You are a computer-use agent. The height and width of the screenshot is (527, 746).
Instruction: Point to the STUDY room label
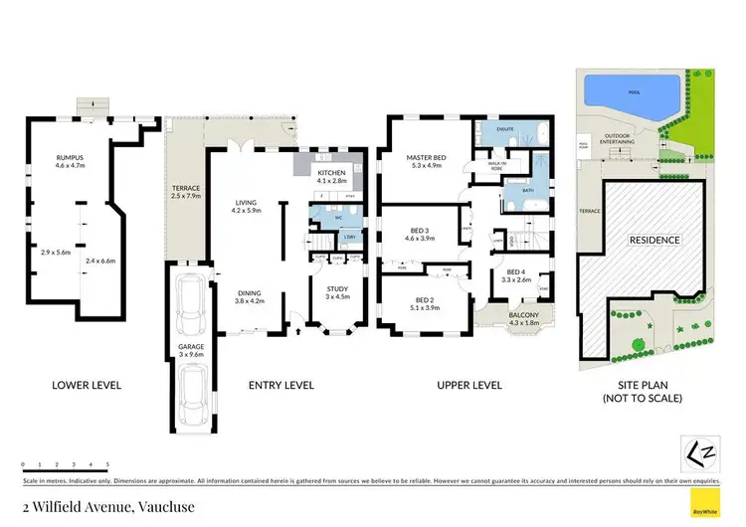tap(338, 289)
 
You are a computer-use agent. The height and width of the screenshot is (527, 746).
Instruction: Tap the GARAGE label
tap(190, 348)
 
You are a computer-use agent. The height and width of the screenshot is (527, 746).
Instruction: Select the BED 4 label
tap(515, 272)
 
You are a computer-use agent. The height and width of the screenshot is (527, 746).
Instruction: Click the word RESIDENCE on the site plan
tap(653, 240)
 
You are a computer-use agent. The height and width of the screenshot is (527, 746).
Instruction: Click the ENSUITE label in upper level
tap(505, 130)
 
